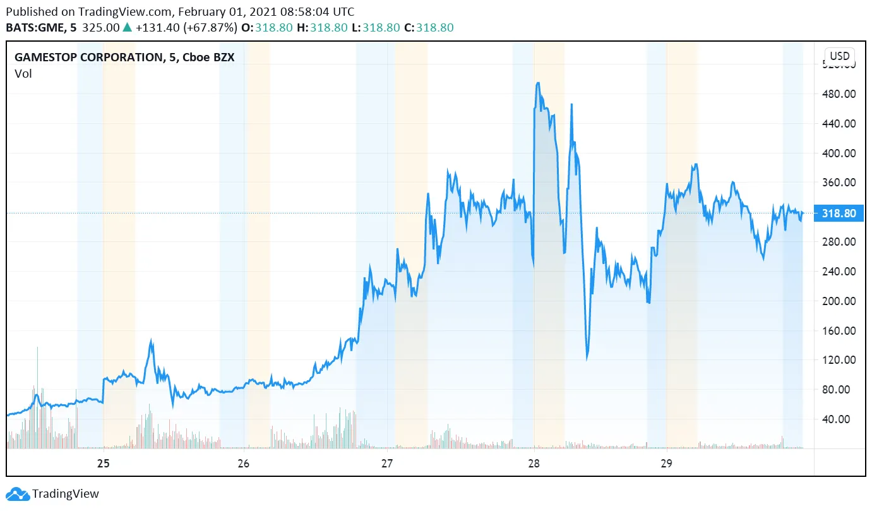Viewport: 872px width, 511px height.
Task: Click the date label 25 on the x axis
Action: (x=104, y=463)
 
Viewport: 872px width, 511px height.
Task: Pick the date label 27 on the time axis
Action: (x=387, y=463)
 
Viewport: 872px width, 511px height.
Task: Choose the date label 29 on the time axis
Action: (x=666, y=463)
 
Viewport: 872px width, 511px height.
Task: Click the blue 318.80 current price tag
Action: (x=839, y=213)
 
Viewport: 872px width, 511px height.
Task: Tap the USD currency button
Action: (x=840, y=56)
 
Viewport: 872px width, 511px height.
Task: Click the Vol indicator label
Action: (x=23, y=74)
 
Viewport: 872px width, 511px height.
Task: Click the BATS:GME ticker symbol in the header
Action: (x=37, y=28)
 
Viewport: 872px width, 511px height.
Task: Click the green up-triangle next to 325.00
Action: (x=127, y=28)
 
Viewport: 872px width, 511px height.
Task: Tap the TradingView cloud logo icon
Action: (x=17, y=494)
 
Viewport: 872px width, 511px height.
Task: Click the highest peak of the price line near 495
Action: (x=537, y=83)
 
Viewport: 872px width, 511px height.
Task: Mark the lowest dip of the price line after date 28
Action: (x=587, y=359)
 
